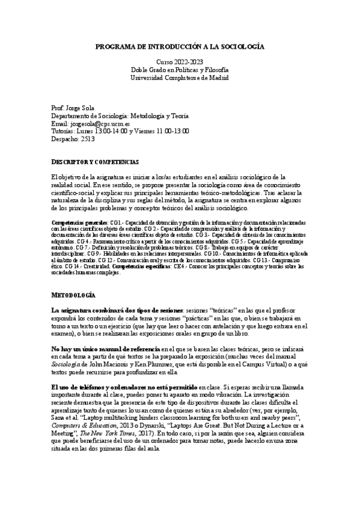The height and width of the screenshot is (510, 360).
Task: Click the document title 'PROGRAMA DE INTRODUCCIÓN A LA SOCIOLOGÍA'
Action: coord(180,46)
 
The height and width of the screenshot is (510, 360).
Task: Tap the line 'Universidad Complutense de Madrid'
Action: coord(180,78)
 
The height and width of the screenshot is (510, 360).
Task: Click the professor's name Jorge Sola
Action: coord(78,107)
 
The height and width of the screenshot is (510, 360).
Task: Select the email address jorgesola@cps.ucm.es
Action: coord(96,123)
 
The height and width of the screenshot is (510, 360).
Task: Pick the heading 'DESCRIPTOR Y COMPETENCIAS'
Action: coord(95,162)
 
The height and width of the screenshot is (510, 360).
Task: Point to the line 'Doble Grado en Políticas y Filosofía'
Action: coord(180,70)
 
